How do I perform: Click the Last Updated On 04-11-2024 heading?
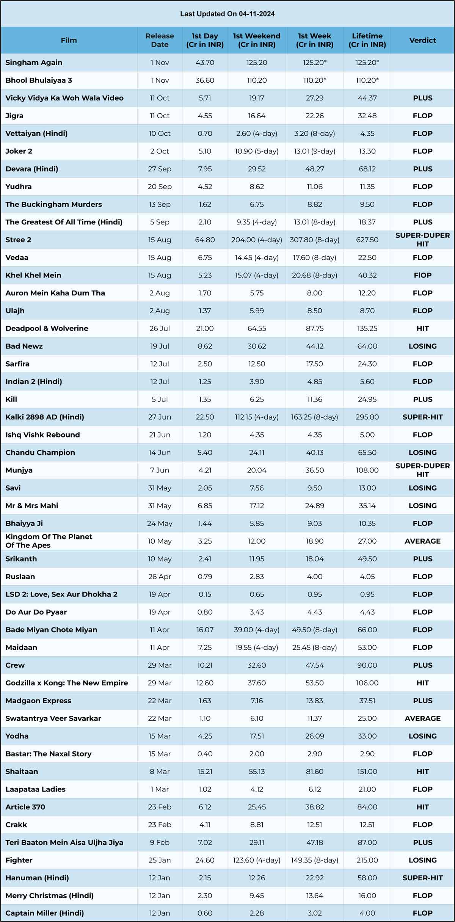tap(227, 14)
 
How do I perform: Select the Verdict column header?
tap(422, 40)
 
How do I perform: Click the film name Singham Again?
tap(34, 63)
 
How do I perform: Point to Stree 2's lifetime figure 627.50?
tap(367, 240)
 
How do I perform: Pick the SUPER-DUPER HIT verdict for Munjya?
tap(422, 470)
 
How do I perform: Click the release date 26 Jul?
tap(160, 328)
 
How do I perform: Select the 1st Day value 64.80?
tap(205, 240)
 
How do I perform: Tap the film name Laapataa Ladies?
tap(35, 789)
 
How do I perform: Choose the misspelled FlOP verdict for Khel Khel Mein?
tap(422, 275)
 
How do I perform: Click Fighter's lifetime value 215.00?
tap(367, 860)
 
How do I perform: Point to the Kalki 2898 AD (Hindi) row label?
tap(45, 417)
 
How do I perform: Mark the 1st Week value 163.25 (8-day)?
tap(314, 417)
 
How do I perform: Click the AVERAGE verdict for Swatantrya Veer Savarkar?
tap(422, 718)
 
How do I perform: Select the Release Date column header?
tap(160, 40)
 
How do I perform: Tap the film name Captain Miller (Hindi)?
tap(44, 913)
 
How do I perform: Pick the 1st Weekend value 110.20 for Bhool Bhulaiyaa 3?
tap(257, 80)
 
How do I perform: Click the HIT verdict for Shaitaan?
tap(422, 771)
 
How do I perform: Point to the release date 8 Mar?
tap(160, 771)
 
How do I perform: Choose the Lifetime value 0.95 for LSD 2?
tap(367, 594)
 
